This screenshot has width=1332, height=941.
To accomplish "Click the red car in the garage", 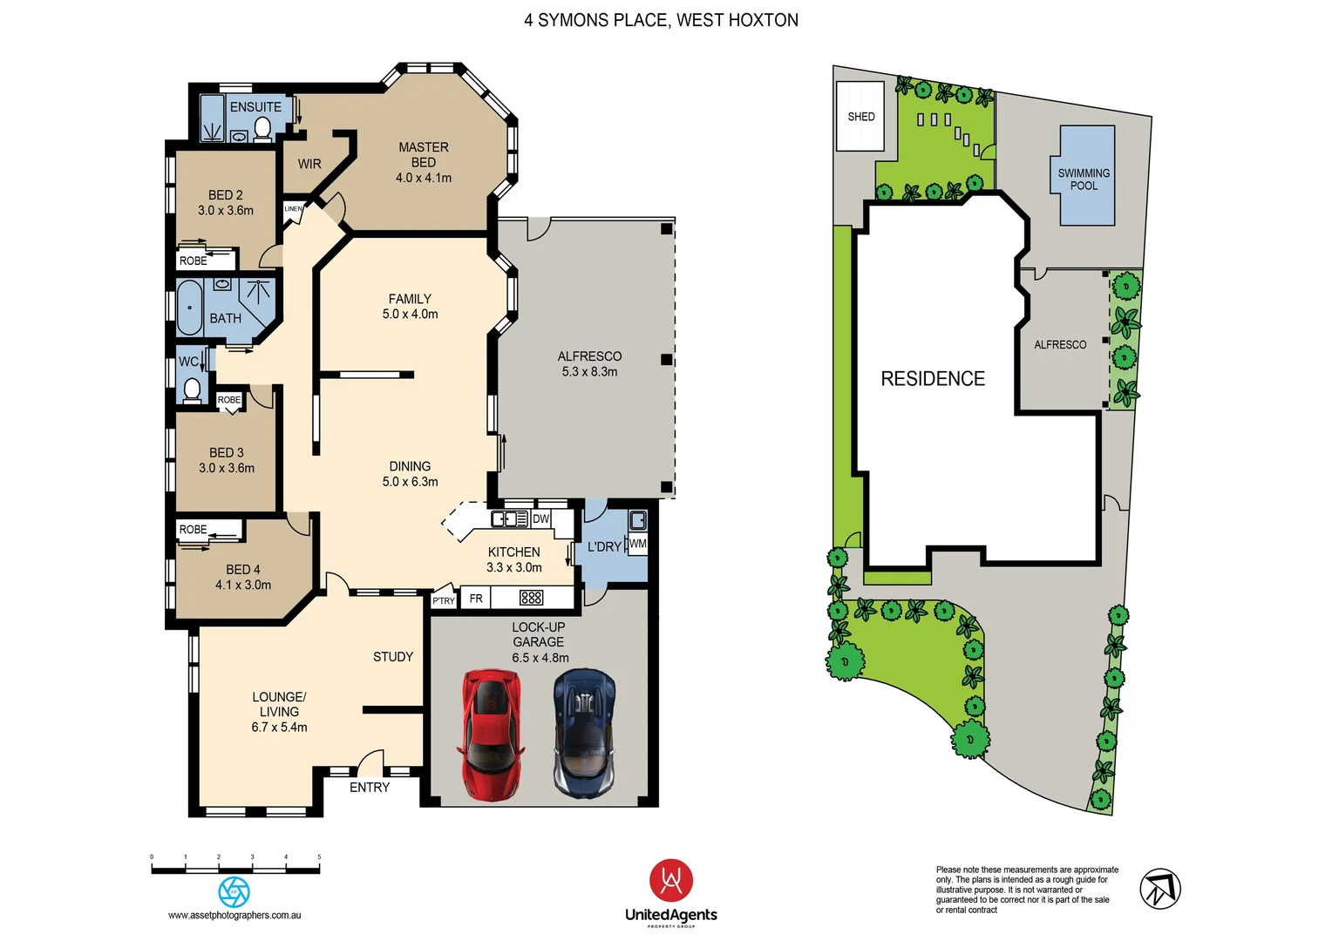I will click(x=491, y=734).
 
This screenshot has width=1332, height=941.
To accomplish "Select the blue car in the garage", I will click(x=584, y=734).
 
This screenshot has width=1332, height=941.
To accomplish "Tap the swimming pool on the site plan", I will click(x=1086, y=176).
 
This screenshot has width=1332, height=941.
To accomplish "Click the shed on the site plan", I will click(x=860, y=116).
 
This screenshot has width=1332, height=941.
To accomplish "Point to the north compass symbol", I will click(x=1160, y=890).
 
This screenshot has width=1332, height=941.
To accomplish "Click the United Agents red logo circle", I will click(x=670, y=881).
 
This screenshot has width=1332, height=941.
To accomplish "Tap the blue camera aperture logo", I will click(x=234, y=891).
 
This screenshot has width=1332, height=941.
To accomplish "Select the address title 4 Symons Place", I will click(x=661, y=20).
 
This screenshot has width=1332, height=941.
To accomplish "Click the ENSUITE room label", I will click(x=255, y=107).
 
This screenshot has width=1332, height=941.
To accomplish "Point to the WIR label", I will click(x=309, y=164).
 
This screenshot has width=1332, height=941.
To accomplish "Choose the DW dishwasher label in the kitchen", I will click(x=540, y=519).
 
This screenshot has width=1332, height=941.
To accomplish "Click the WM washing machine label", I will click(x=637, y=544).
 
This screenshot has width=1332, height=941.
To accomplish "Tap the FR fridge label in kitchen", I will click(x=476, y=599).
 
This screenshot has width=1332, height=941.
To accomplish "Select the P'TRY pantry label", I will click(x=444, y=600).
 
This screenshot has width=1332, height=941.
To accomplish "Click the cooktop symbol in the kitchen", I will click(x=531, y=598).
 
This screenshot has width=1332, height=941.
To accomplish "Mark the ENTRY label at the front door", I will click(x=370, y=788).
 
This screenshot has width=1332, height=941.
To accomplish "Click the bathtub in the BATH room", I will click(x=189, y=308).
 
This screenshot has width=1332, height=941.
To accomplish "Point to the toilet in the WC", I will click(x=192, y=389).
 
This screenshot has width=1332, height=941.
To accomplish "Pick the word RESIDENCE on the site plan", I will click(x=933, y=379).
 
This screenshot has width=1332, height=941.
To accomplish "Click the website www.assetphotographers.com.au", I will click(x=234, y=916).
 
